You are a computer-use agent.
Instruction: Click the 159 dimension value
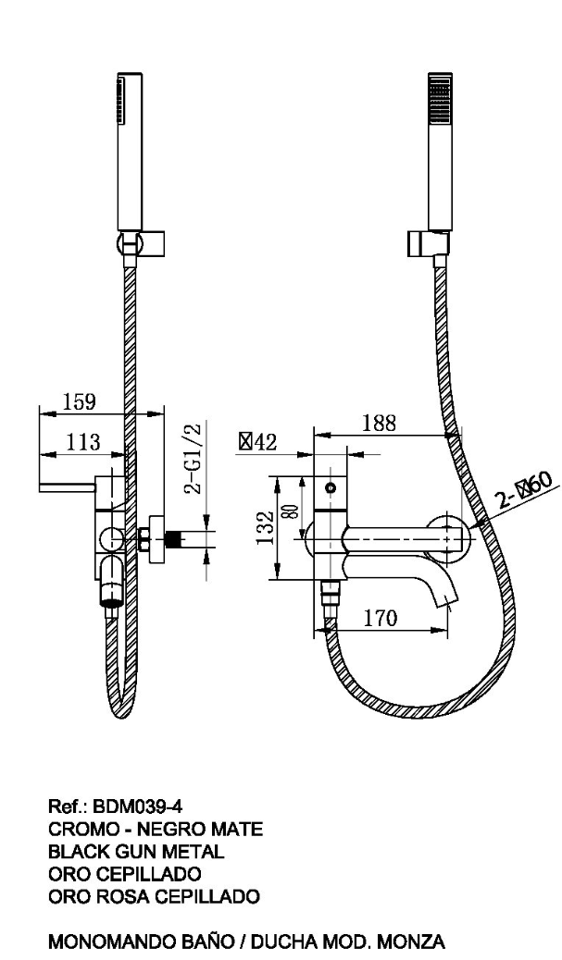79,401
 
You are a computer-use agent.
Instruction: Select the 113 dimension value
82,441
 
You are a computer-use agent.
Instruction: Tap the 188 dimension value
379,423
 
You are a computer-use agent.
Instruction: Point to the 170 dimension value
381,618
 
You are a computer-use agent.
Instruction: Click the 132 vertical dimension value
266,528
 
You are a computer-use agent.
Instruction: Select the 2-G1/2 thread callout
194,458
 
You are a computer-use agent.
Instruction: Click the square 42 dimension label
258,441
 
